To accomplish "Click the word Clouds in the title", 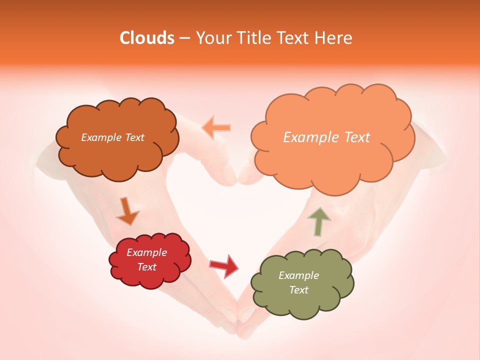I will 146,38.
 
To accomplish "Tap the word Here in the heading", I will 334,38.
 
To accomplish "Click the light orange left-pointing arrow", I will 216,127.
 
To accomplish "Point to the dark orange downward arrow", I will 127,211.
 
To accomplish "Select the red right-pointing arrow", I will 224,265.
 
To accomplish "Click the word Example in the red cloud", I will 146,252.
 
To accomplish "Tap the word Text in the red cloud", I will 146,267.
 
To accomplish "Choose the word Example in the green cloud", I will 298,275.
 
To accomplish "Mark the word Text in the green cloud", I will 298,290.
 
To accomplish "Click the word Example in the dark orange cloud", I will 99,137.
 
